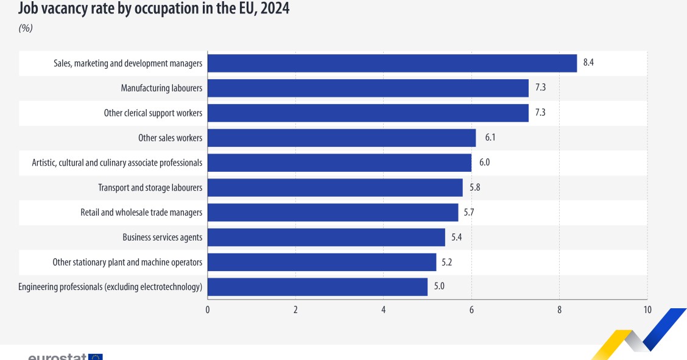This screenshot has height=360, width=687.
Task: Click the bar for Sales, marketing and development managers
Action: click(392, 63)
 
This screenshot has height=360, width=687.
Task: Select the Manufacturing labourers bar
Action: click(368, 88)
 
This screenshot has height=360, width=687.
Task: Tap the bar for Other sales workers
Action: click(342, 138)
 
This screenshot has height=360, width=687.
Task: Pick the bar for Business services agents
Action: click(326, 238)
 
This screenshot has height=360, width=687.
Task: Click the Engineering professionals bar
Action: click(317, 287)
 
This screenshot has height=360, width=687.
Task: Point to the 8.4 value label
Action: click(588, 63)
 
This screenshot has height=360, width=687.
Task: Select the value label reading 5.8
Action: click(475, 188)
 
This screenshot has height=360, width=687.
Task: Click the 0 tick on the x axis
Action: click(208, 309)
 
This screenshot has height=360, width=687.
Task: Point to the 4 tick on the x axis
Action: click(384, 309)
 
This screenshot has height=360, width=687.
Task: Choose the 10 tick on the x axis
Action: click(647, 309)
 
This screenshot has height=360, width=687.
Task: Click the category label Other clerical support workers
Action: click(153, 113)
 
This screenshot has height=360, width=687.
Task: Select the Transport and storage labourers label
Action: click(150, 188)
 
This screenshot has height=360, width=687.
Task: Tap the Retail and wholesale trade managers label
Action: click(141, 213)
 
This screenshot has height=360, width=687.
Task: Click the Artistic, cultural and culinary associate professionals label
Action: click(117, 163)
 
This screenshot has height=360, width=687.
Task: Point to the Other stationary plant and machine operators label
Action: click(127, 263)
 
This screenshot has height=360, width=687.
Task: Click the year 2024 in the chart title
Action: click(273, 9)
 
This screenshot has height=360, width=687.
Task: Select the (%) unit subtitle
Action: click(26, 28)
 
